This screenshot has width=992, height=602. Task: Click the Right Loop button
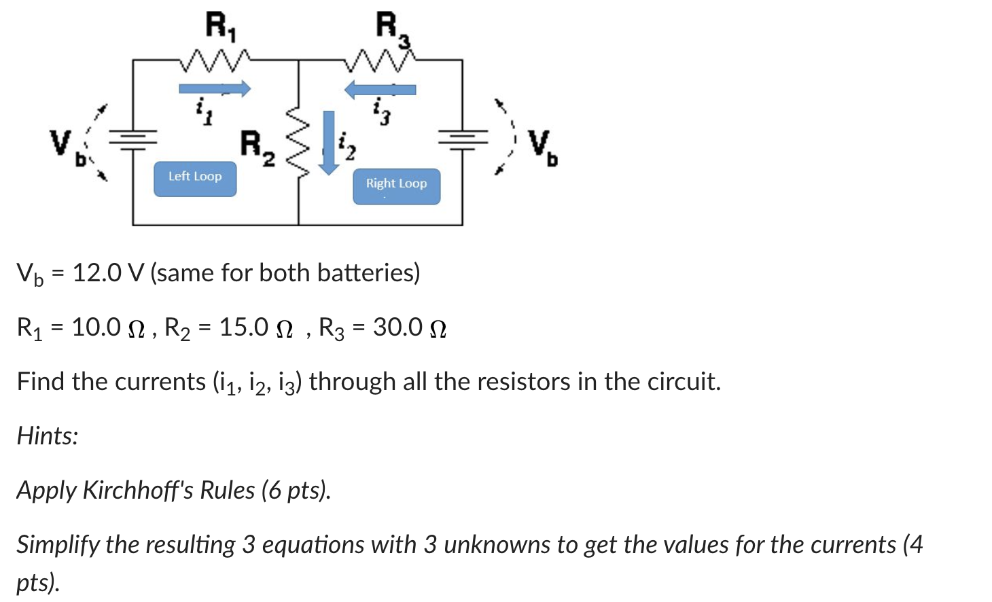click(x=396, y=186)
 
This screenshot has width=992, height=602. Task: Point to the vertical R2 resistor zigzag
click(x=298, y=141)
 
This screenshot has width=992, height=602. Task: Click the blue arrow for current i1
click(x=215, y=88)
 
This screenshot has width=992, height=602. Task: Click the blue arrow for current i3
click(x=380, y=89)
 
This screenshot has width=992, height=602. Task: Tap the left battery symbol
click(x=133, y=139)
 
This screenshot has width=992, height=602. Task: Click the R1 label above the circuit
click(x=220, y=27)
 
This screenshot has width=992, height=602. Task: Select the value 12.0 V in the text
click(x=108, y=273)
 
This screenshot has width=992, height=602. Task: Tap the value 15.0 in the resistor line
click(x=243, y=327)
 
